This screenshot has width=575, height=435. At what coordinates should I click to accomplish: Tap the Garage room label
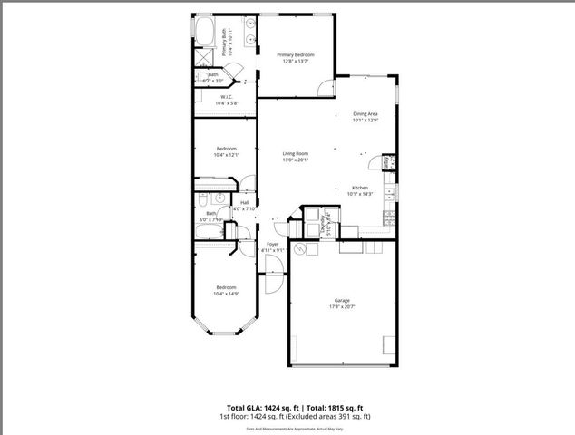(342, 300)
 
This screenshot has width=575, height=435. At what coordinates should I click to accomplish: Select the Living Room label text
(295, 153)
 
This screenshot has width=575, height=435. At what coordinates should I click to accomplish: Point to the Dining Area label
(365, 113)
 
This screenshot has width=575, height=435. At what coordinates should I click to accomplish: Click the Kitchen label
(359, 187)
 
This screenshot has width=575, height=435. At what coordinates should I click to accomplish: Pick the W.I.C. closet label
(225, 96)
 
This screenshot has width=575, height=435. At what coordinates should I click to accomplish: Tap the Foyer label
(272, 243)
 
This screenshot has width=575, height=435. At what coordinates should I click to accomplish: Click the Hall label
(245, 202)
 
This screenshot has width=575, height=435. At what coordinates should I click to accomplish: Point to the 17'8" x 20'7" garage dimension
(342, 307)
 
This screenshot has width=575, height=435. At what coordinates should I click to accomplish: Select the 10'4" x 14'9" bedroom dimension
(226, 294)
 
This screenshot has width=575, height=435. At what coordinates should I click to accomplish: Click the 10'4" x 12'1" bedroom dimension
(226, 155)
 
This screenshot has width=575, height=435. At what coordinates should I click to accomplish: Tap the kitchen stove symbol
(388, 217)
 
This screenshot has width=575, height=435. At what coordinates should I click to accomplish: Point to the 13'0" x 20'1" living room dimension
(295, 160)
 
